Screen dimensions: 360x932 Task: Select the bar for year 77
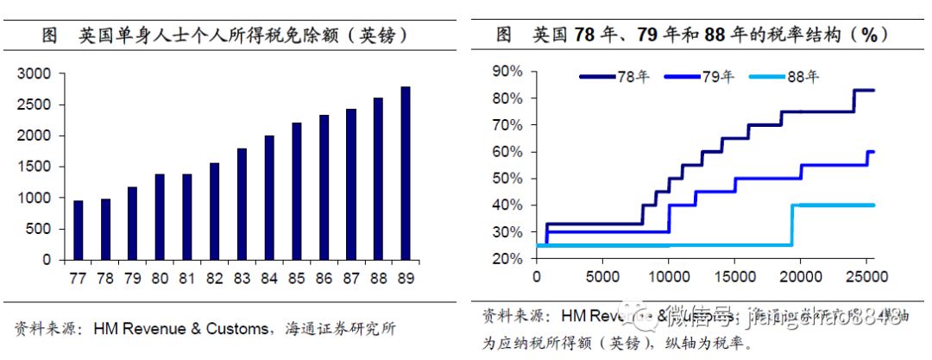click(79, 230)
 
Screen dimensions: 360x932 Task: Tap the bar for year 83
click(242, 204)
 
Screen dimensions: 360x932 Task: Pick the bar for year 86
click(324, 187)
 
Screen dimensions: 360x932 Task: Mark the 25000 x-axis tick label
click(866, 277)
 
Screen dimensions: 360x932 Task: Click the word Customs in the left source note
click(241, 328)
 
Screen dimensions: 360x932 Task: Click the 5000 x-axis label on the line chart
click(602, 277)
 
